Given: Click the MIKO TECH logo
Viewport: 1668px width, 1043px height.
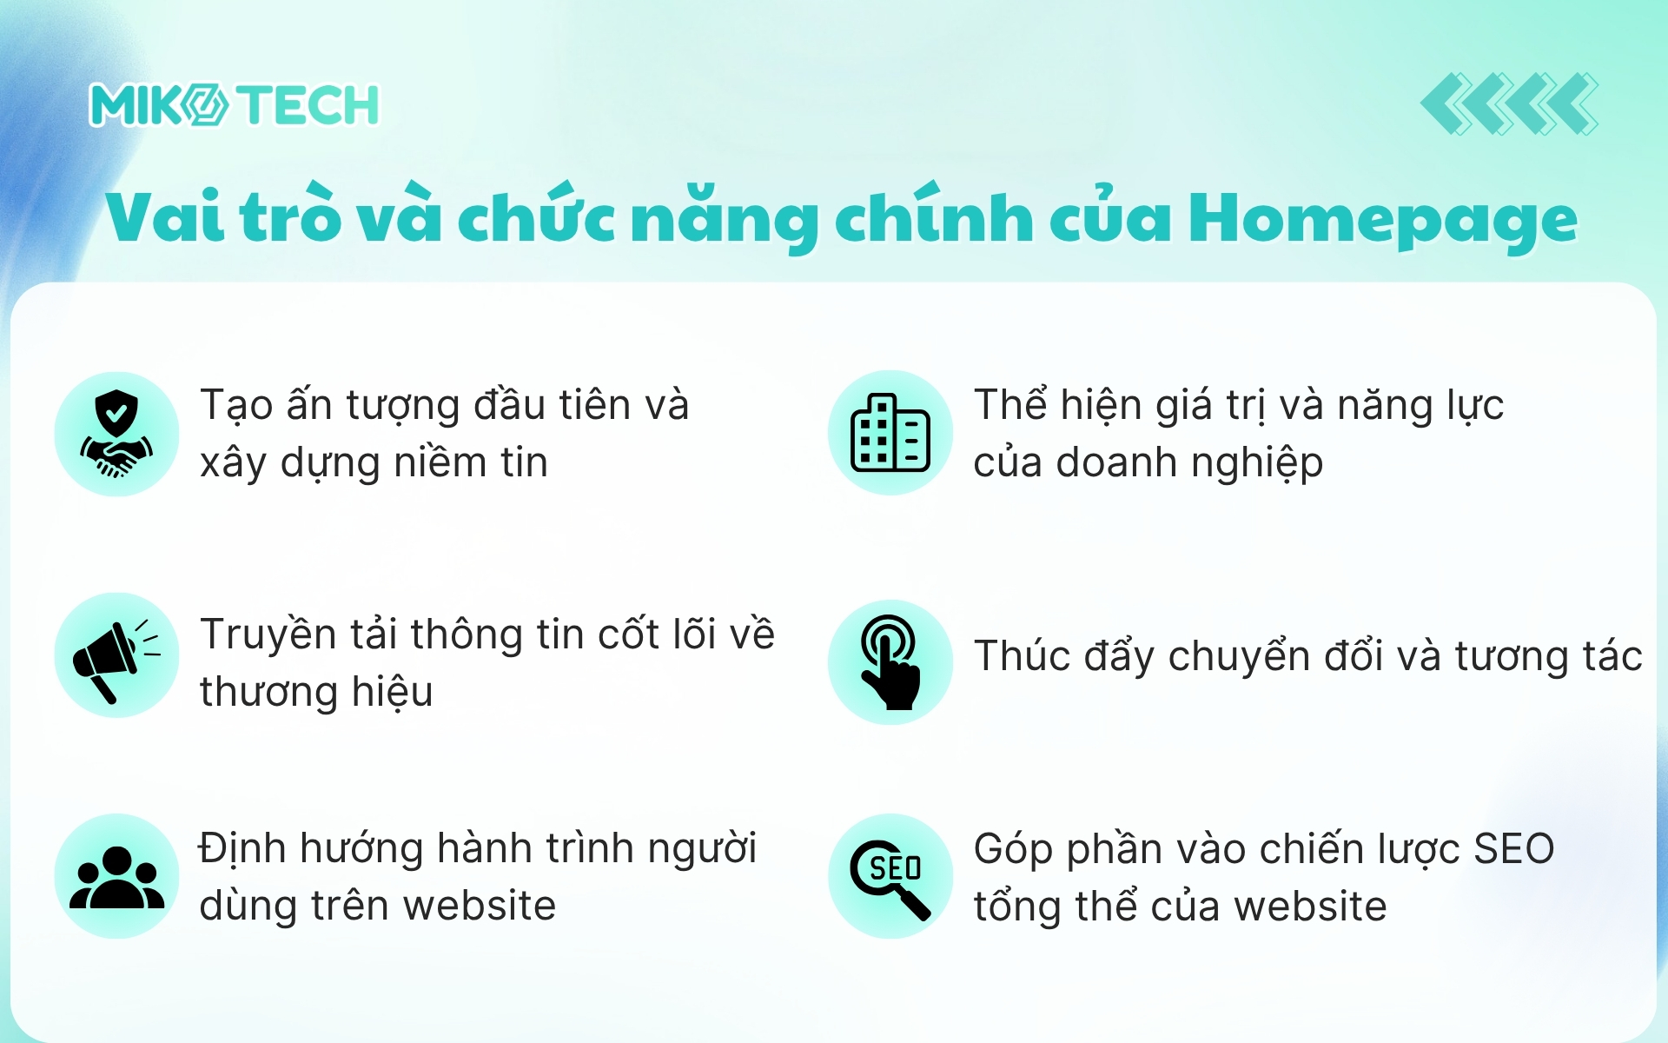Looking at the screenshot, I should [x=235, y=105].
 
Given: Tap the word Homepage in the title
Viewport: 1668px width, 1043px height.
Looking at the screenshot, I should [x=1382, y=219].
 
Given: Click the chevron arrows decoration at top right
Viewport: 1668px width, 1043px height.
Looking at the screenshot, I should [x=1509, y=104].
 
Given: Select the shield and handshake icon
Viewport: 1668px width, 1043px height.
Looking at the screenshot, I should [x=116, y=434].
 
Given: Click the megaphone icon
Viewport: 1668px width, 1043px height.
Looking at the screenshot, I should [x=116, y=656].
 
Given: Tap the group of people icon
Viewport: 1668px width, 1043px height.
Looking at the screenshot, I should [x=116, y=876].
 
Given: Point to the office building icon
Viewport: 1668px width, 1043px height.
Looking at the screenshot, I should [x=890, y=433].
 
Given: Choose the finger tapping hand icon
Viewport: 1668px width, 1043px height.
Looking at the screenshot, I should [x=890, y=662].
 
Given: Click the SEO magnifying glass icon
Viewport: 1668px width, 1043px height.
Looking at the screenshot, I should [x=890, y=877].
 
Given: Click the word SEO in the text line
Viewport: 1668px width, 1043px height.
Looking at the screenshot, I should [x=1513, y=849].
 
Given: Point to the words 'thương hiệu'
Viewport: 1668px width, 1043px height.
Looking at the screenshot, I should [x=316, y=693].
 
